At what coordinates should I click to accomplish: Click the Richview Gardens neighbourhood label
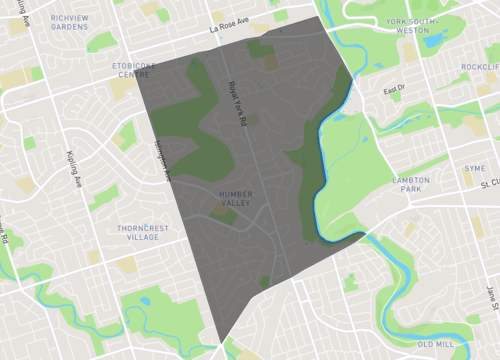[x=69, y=22]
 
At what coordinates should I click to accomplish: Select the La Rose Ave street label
[x=228, y=29]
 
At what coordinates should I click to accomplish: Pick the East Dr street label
[x=394, y=89]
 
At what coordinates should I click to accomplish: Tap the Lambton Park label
[x=411, y=185]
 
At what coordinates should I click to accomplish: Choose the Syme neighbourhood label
[x=474, y=168]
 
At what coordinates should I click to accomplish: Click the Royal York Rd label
[x=238, y=103]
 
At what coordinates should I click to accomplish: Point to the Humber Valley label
[x=232, y=198]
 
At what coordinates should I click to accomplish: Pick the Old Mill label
[x=435, y=344]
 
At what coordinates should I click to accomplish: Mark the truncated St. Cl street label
[x=489, y=184]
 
